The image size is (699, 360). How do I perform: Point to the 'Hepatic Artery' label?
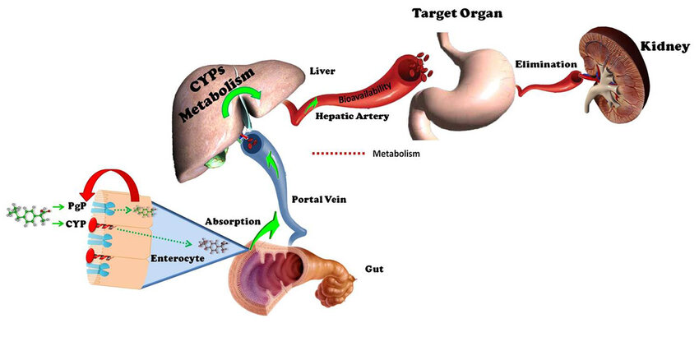pyautogui.click(x=353, y=117)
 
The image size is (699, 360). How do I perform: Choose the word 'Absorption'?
pyautogui.click(x=233, y=221)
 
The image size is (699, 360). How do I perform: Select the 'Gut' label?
pyautogui.click(x=374, y=269)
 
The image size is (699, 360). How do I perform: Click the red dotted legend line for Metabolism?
pyautogui.click(x=339, y=153)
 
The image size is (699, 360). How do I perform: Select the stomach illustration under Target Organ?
pyautogui.click(x=461, y=82)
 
